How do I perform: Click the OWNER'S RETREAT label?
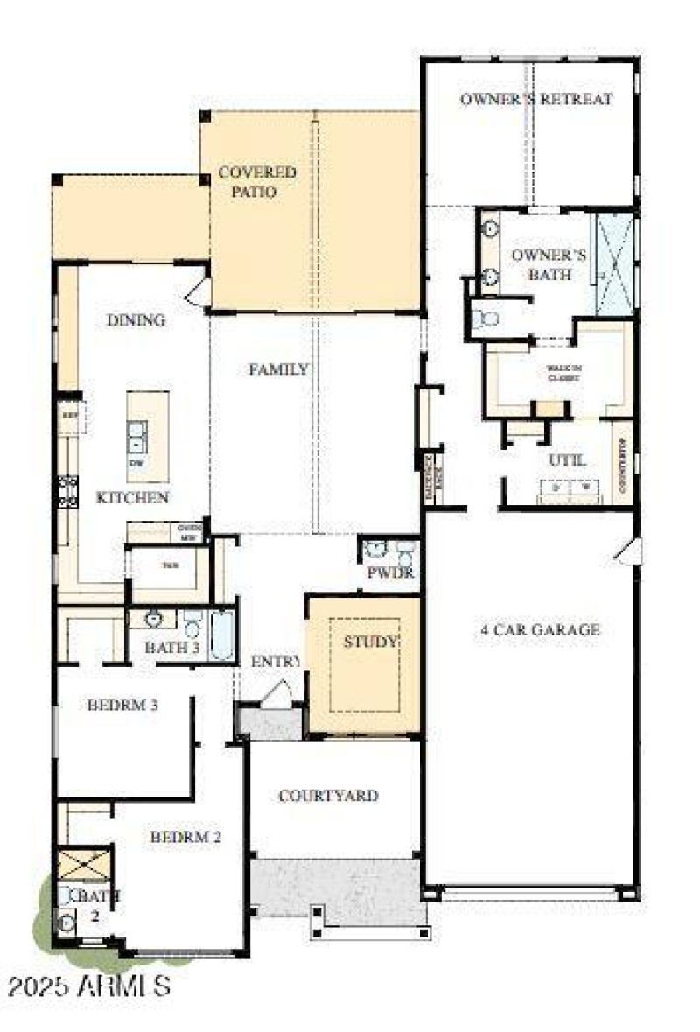[x=536, y=99]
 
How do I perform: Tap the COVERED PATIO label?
[x=256, y=181]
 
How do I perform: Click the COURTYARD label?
[x=328, y=796]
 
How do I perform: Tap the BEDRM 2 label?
[x=185, y=837]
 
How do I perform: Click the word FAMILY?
[x=278, y=369]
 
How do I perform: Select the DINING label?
[x=136, y=319]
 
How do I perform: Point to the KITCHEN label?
[x=132, y=497]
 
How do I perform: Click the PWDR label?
[x=390, y=574]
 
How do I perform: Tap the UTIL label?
[x=567, y=460]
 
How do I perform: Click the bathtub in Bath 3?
[x=222, y=635]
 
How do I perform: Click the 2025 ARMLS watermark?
[x=87, y=986]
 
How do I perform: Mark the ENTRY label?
[x=275, y=661]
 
